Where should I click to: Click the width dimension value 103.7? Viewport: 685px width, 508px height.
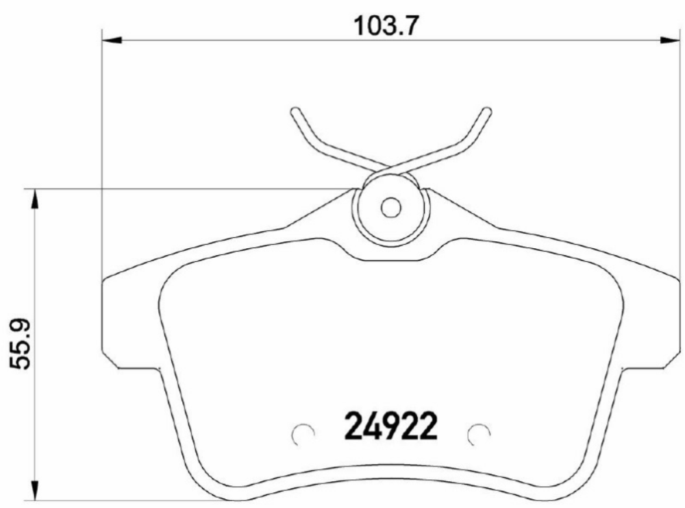tap(385, 26)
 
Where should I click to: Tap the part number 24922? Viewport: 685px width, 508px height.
tap(389, 426)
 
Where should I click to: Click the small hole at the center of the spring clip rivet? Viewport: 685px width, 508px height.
tap(391, 207)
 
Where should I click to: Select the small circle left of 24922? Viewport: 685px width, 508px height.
tap(302, 433)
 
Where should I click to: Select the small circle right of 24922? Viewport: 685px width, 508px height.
tap(478, 433)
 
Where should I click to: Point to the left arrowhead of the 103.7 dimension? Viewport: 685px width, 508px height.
tap(110, 41)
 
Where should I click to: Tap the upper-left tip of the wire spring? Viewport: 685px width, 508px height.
tap(295, 112)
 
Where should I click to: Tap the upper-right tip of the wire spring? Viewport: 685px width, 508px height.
tap(487, 112)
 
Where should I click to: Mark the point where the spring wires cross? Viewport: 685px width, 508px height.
tap(391, 166)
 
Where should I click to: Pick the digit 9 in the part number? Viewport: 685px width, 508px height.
tap(388, 426)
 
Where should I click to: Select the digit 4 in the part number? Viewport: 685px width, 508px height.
tap(370, 426)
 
